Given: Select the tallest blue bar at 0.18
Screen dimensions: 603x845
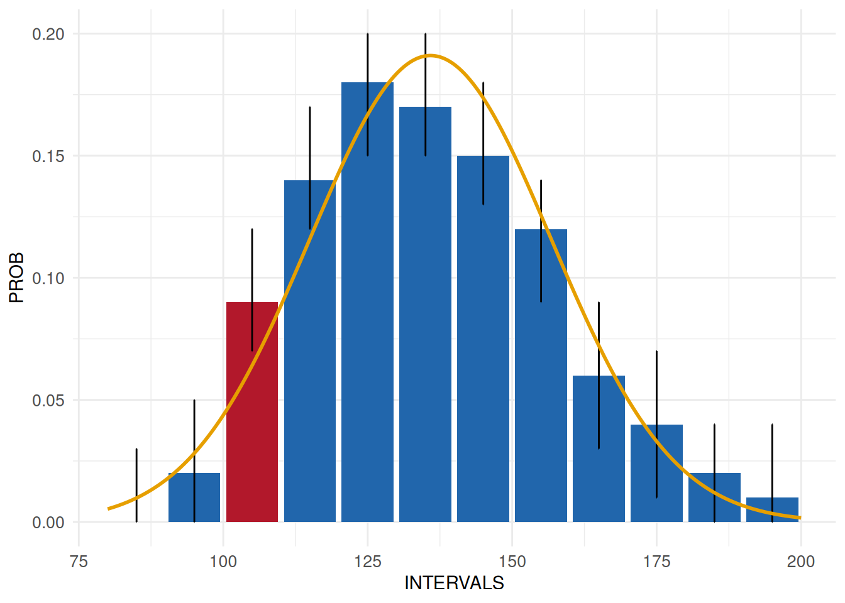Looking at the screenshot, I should tap(368, 301).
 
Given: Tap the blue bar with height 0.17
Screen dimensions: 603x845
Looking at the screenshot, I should tap(425, 314).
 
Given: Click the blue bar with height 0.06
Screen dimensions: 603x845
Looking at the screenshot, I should tap(599, 448).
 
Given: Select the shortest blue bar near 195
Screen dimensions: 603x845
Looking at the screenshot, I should tap(772, 510).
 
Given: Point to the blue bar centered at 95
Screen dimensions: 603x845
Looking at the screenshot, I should tap(194, 497).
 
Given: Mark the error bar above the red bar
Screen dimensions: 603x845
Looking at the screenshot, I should tap(252, 264).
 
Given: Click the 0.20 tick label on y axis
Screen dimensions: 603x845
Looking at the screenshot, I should tap(48, 34).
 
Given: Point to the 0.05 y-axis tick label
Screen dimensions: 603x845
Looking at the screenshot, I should tap(48, 400).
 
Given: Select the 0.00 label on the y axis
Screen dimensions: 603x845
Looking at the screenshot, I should tap(48, 523).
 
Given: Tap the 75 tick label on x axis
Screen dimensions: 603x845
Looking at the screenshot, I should tap(79, 561).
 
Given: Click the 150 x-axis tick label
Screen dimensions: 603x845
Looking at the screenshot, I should tap(512, 561).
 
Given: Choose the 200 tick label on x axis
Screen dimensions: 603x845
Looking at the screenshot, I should tap(800, 561).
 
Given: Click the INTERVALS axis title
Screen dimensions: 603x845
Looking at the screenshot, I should tap(454, 583).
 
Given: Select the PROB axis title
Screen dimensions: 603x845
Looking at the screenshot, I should tap(16, 278).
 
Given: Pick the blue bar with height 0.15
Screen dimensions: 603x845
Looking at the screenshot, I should tap(483, 339).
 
